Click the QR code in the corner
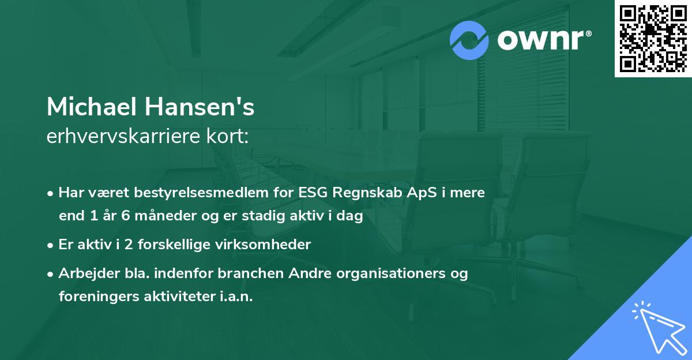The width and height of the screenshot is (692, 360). click(x=653, y=38)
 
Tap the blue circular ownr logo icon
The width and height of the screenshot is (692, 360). click(x=469, y=40)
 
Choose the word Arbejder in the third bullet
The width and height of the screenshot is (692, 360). click(x=83, y=273)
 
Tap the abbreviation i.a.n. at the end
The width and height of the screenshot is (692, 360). click(x=235, y=297)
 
